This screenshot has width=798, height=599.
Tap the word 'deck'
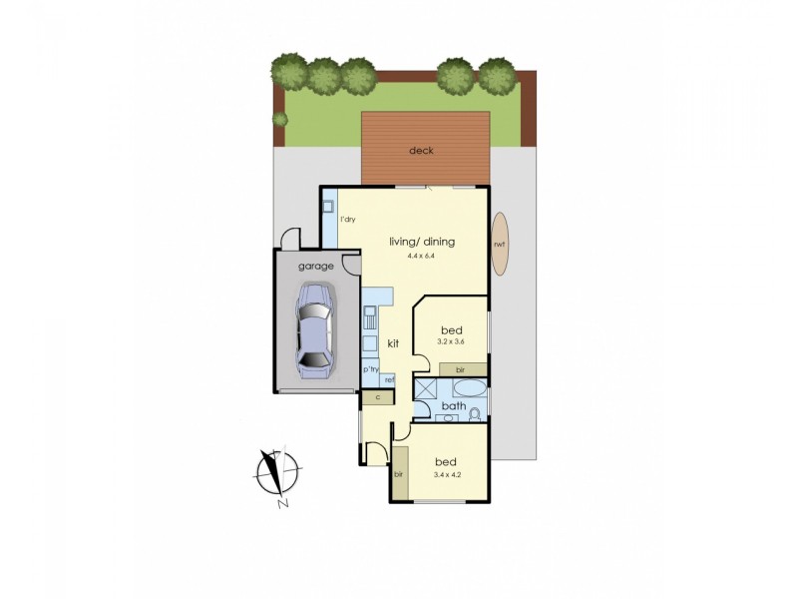coord(420,151)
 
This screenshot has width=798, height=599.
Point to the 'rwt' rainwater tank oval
coord(498,245)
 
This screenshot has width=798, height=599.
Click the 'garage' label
coord(315,266)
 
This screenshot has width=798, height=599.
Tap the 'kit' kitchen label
coord(393,343)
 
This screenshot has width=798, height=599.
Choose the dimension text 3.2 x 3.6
coord(451,342)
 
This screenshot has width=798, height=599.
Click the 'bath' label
coord(454,406)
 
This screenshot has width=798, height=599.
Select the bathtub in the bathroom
coord(465,388)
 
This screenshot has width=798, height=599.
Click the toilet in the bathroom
coord(476,413)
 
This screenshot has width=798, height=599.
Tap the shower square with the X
coord(425,389)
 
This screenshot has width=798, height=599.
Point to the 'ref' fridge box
coord(390,379)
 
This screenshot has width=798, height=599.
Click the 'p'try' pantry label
coord(371,369)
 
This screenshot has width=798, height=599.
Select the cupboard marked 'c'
coord(378,397)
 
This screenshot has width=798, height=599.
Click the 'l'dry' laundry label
coord(348,220)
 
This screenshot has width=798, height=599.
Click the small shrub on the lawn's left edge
coord(280,119)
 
